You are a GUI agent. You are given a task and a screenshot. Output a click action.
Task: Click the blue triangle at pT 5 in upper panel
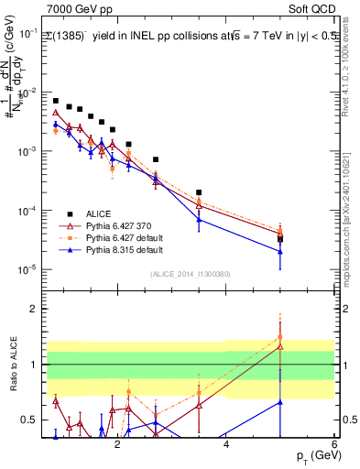279,252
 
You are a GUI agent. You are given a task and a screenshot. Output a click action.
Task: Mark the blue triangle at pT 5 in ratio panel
279,401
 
